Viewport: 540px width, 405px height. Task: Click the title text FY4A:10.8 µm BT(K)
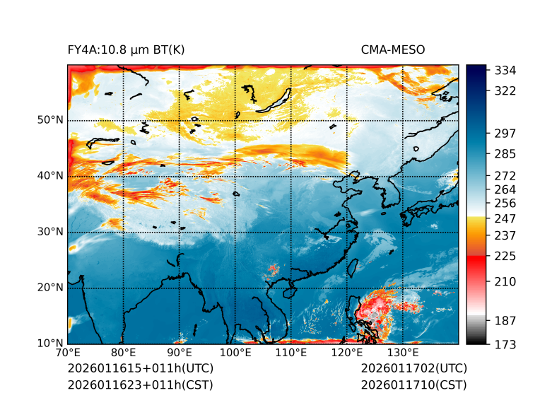pyautogui.click(x=126, y=49)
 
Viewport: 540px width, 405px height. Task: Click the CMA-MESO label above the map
pyautogui.click(x=393, y=49)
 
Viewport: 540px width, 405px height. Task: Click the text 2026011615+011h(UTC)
pyautogui.click(x=141, y=369)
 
